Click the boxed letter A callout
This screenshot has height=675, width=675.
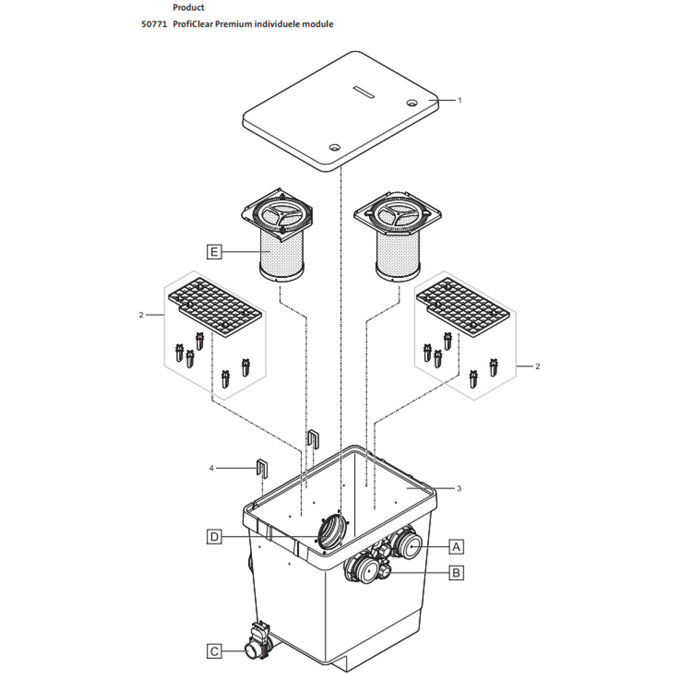[x=456, y=546]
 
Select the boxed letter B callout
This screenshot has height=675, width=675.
[x=456, y=573]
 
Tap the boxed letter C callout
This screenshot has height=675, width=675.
[x=214, y=652]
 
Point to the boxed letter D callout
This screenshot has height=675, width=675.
[x=214, y=537]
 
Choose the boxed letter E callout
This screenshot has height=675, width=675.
[x=214, y=253]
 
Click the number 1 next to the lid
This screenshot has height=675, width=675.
[x=460, y=100]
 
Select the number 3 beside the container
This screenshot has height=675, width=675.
[x=460, y=488]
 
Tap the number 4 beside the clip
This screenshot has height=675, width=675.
[x=211, y=468]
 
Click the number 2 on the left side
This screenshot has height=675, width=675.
[x=141, y=315]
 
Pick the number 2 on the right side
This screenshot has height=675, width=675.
[x=537, y=366]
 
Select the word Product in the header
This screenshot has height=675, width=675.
[x=189, y=7]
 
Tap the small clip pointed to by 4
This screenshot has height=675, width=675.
[x=262, y=468]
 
